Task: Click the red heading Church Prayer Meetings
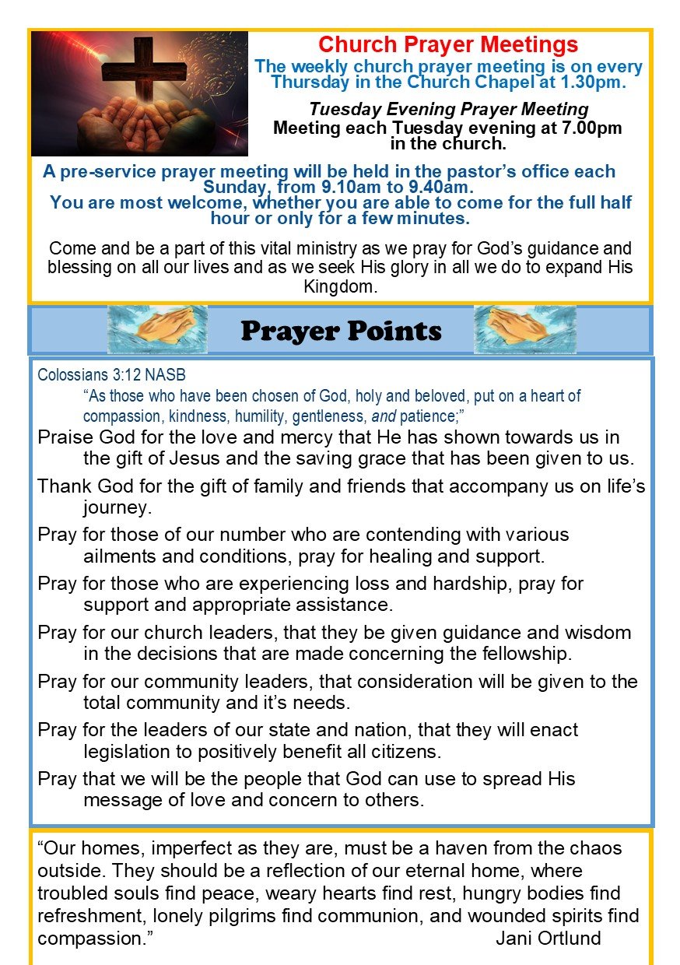pos(448,44)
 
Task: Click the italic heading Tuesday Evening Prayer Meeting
pos(448,110)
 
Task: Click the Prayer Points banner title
pos(341,331)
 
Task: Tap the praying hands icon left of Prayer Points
pos(157,330)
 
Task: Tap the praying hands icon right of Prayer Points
pos(525,330)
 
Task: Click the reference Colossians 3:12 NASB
pos(111,374)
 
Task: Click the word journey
pos(116,508)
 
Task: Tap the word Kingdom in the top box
pos(340,286)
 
